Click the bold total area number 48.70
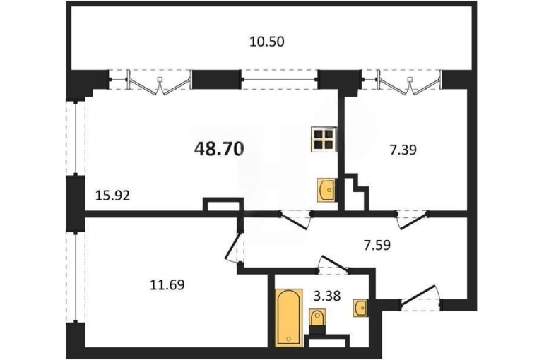tap(219, 149)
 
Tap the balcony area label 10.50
tap(267, 42)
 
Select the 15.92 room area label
tap(113, 196)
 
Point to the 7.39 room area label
tap(403, 150)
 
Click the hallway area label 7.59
tap(377, 245)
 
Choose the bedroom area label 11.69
tap(167, 285)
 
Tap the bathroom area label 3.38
tap(327, 296)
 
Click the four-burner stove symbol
tap(324, 139)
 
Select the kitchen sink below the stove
tap(326, 190)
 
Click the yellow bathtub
tap(289, 318)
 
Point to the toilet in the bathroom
tap(317, 322)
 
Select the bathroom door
tap(333, 265)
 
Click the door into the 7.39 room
tap(412, 220)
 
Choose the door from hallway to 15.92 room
tap(295, 220)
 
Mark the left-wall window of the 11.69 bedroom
tap(76, 277)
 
